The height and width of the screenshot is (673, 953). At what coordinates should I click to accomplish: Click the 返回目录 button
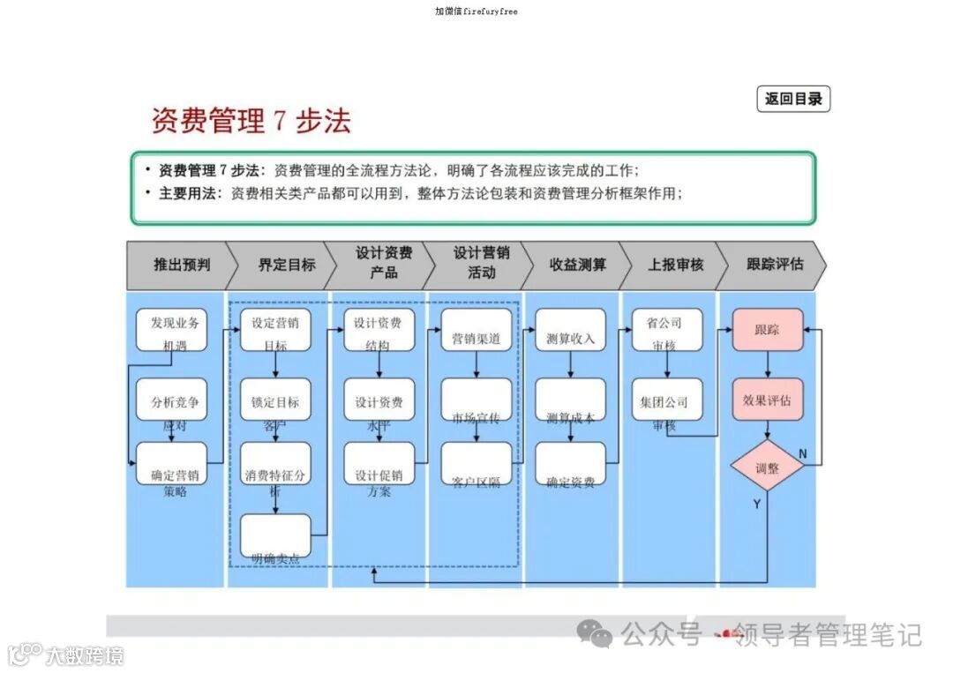[x=793, y=99]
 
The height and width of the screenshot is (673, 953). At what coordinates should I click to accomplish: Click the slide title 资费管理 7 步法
[x=251, y=121]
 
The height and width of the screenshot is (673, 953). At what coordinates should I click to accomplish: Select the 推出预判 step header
[x=182, y=264]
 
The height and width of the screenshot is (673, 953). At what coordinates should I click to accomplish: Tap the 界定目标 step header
[x=286, y=264]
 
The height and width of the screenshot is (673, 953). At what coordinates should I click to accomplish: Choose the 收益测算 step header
[x=577, y=264]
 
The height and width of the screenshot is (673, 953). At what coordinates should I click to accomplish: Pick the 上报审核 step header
[x=675, y=264]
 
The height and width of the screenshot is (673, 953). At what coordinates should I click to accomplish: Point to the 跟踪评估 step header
[x=775, y=264]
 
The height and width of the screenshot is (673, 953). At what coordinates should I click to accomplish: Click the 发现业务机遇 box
[x=171, y=329]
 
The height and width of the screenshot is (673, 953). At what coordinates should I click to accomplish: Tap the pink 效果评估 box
[x=767, y=400]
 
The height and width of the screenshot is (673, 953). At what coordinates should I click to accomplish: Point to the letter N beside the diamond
[x=803, y=453]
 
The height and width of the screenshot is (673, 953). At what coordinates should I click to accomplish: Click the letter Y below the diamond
[x=756, y=504]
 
